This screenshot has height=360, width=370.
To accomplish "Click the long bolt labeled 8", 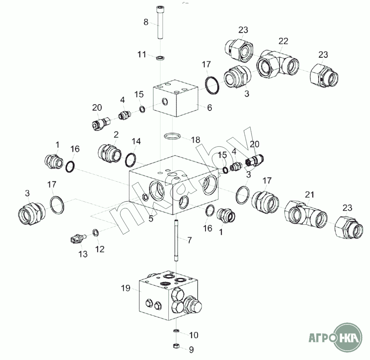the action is (160, 22).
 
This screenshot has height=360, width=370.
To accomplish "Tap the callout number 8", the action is (146, 22).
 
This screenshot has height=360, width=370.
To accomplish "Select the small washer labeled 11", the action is (160, 58).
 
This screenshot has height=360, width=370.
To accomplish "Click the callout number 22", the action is (283, 41).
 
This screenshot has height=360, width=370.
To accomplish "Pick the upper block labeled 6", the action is (175, 98).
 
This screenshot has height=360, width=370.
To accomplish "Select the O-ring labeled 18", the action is (172, 136).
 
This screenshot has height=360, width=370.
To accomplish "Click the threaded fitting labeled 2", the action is (109, 153).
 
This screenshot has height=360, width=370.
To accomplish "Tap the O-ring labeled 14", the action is (130, 160).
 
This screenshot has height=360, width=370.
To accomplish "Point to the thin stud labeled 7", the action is (176, 240).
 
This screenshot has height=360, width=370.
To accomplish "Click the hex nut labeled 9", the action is (176, 346).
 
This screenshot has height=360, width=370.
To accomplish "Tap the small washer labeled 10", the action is (176, 331).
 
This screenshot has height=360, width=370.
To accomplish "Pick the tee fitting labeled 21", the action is (306, 214).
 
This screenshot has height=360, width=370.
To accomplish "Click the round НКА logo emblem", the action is (348, 338).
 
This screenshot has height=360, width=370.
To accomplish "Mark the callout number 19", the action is (126, 288).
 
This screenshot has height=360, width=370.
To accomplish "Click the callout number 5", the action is (151, 218).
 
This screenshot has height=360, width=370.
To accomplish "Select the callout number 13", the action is (83, 254).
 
